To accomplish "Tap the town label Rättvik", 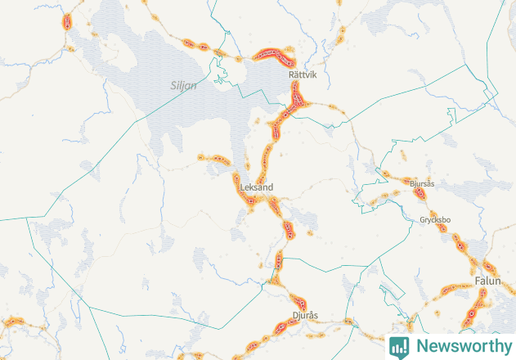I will (x=303, y=74).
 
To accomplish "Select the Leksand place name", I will (x=257, y=187).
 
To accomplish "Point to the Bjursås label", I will (x=422, y=183).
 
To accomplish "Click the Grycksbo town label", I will (x=435, y=219).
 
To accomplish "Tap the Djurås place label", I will (x=304, y=315).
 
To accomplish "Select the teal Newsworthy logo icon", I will (x=399, y=346).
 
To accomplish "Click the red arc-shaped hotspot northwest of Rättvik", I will (x=273, y=55).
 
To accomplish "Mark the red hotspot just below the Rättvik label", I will (x=298, y=100).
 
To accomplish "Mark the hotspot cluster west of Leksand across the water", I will (x=215, y=159).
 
